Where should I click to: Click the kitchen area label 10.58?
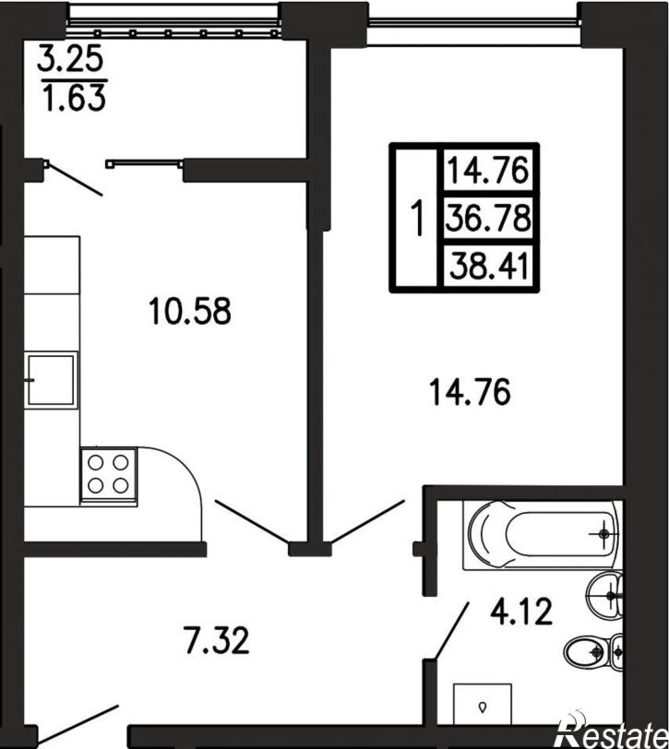tap(190, 311)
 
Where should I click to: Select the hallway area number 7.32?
tap(217, 640)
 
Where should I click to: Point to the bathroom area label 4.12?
tap(521, 612)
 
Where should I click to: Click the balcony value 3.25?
tap(70, 58)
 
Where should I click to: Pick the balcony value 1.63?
tap(74, 98)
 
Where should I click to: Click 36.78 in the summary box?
tap(488, 218)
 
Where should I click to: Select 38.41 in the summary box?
tap(489, 266)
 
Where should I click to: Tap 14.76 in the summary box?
tap(488, 170)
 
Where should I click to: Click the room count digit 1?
tap(418, 218)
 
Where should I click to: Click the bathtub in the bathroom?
tap(543, 534)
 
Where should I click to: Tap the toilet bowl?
tap(593, 650)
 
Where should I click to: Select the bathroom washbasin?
tap(604, 595)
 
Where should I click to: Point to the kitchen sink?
tap(52, 380)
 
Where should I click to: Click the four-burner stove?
tap(109, 476)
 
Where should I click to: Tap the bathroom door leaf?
tap(451, 632)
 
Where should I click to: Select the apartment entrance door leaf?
tap(78, 724)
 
